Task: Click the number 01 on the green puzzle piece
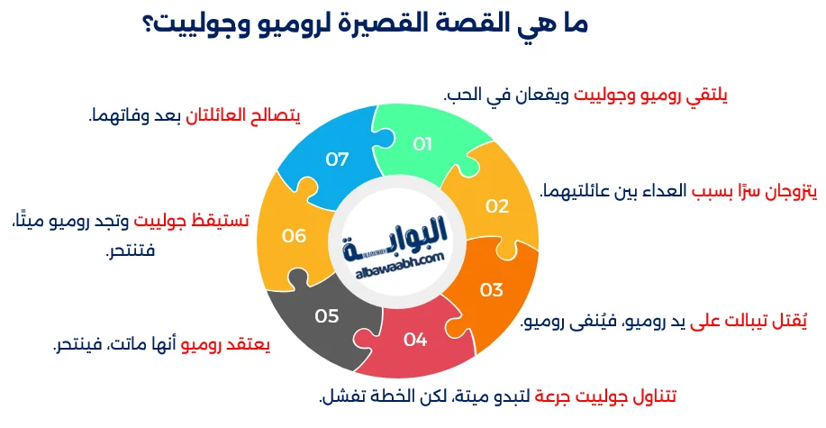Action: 423,143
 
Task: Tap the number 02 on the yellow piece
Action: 497,205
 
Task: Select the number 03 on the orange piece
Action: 491,290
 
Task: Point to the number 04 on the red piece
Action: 414,340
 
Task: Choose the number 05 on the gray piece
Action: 326,316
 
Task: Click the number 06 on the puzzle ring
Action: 295,236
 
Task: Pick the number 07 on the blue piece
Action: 337,159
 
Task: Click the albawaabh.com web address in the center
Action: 395,258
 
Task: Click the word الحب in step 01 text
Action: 463,93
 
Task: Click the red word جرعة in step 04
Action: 557,396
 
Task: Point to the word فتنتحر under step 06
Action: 131,250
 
